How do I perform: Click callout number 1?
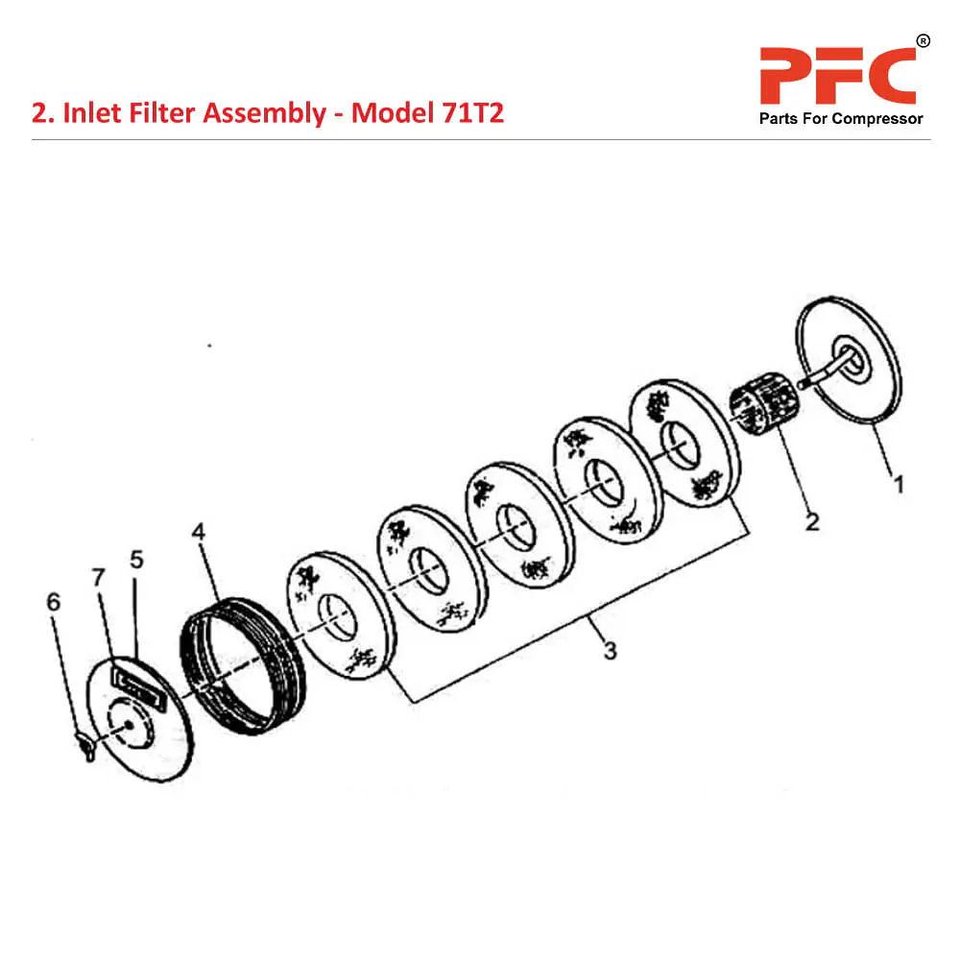click(899, 486)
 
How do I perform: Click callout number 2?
click(812, 523)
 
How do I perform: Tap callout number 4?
click(199, 532)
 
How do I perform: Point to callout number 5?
click(135, 559)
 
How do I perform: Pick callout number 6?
click(53, 602)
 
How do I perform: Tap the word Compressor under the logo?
click(876, 119)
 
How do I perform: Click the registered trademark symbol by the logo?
click(923, 41)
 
